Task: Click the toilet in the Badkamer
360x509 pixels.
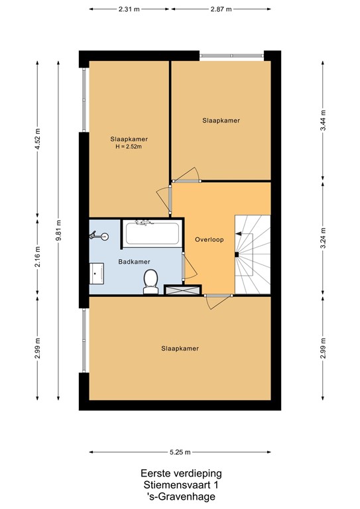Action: (x=150, y=282)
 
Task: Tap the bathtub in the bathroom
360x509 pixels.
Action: (x=152, y=233)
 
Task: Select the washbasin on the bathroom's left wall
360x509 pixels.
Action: (x=96, y=273)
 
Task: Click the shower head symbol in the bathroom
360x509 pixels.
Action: (x=99, y=236)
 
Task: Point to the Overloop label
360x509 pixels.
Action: (x=209, y=239)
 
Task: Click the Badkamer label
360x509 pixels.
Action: (x=134, y=262)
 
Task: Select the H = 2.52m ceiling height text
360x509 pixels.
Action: (x=129, y=146)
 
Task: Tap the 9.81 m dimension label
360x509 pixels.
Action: (x=58, y=230)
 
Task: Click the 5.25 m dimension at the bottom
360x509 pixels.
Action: (x=180, y=452)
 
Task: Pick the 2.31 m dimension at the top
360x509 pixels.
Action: (x=129, y=9)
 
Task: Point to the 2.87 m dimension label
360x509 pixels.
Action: (x=221, y=9)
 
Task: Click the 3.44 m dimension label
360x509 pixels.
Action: (x=323, y=120)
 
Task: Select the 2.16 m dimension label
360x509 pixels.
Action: (x=37, y=256)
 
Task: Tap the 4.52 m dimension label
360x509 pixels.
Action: (x=37, y=139)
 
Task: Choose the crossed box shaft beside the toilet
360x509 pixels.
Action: (x=182, y=290)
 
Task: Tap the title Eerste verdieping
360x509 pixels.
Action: (x=181, y=474)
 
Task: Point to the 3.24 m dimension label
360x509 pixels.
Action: (x=323, y=238)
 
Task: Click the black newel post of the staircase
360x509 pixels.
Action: (x=237, y=254)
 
